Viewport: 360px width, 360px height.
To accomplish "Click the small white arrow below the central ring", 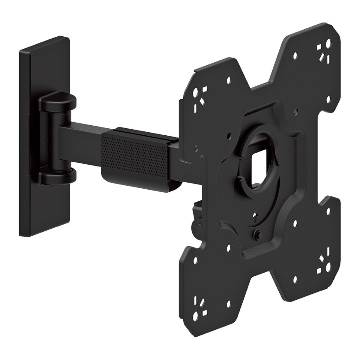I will [255, 215].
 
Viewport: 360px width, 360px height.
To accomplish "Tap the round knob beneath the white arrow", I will [258, 233].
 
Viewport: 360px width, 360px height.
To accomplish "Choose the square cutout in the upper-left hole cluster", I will [203, 101].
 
